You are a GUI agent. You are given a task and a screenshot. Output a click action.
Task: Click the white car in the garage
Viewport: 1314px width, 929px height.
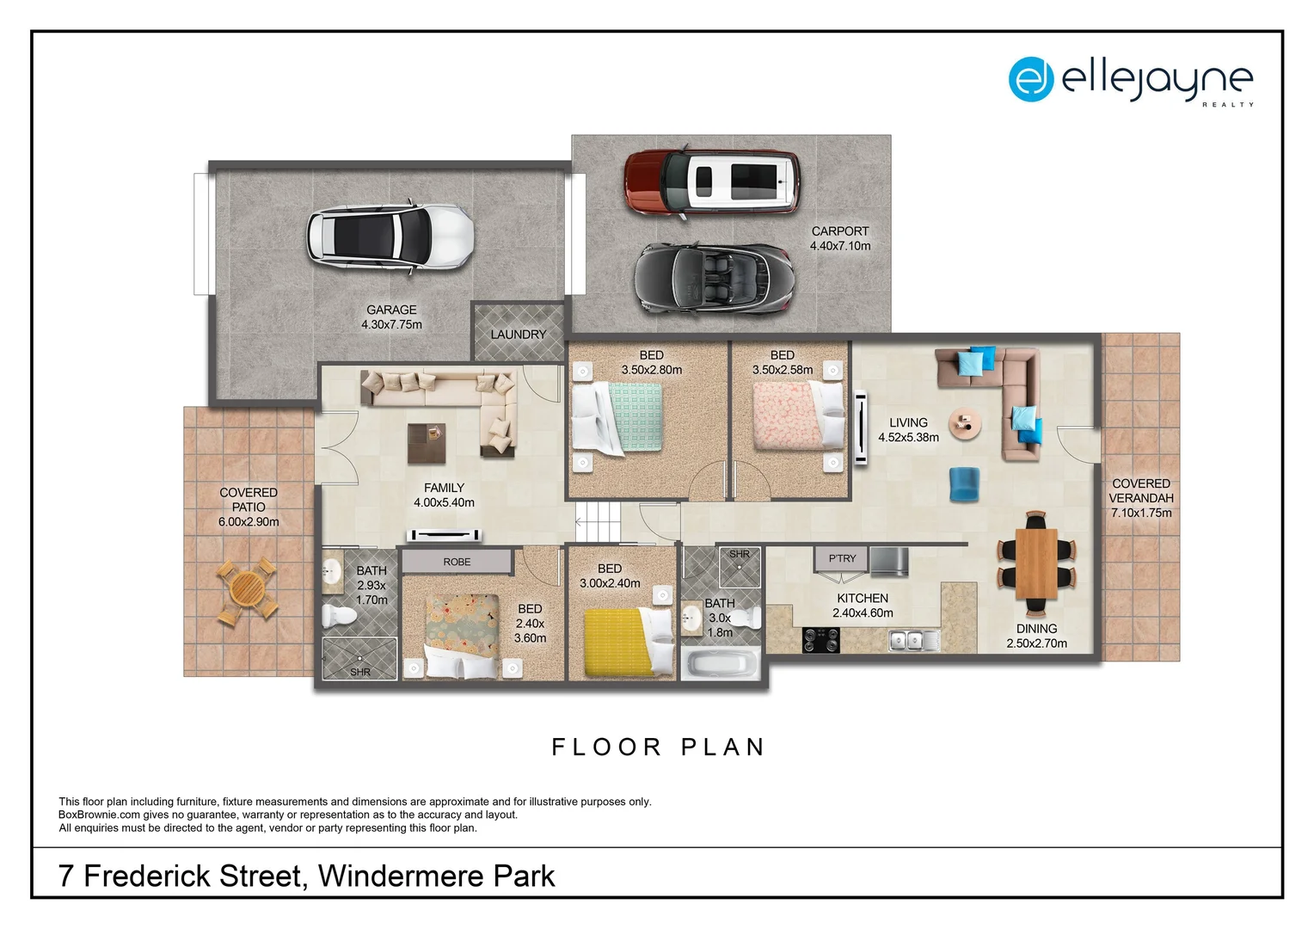tap(390, 237)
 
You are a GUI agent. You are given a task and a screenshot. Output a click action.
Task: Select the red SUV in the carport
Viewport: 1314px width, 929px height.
tap(711, 181)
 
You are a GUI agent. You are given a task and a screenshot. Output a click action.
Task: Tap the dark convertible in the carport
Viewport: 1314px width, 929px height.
tap(714, 279)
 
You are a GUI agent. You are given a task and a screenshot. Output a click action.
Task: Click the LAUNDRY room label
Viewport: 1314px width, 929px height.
tap(518, 335)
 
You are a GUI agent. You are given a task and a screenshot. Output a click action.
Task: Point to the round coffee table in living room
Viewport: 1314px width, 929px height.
tap(965, 423)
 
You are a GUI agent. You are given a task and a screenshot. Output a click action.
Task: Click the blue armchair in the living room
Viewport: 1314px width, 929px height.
tap(964, 484)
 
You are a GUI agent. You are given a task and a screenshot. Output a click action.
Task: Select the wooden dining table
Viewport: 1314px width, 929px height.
tap(1036, 563)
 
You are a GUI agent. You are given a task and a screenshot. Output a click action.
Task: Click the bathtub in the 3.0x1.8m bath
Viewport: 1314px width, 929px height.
tap(721, 664)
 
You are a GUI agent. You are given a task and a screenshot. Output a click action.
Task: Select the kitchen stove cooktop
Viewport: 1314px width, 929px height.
tap(820, 640)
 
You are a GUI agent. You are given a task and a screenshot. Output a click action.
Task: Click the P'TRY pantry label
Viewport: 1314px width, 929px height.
tap(842, 558)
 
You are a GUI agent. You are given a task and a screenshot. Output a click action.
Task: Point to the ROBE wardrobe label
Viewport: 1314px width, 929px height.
tap(457, 562)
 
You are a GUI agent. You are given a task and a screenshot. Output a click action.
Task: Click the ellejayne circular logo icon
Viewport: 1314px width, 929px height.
tap(1030, 79)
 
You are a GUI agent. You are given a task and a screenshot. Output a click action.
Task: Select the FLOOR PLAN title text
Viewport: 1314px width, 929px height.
tap(658, 747)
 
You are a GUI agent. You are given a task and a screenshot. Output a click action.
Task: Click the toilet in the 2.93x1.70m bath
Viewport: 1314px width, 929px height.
tap(340, 616)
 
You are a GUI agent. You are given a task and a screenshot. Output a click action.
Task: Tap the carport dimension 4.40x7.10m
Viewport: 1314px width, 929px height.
tap(840, 246)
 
